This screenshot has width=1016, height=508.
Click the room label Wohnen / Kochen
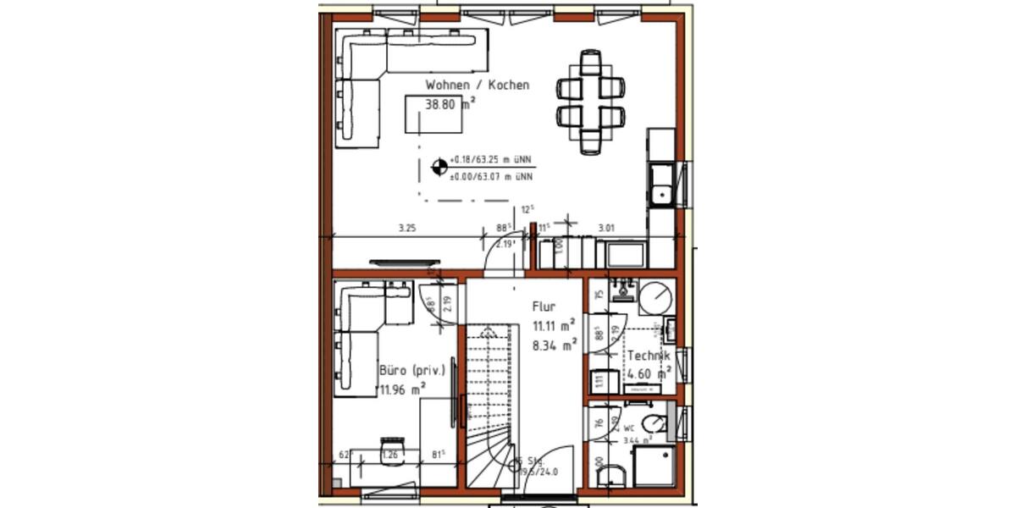tap(477, 85)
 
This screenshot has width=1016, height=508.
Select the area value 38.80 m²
tap(450, 105)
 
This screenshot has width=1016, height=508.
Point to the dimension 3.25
tap(406, 228)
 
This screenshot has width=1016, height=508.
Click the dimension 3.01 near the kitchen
tap(606, 228)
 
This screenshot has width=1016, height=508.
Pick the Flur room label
tap(544, 306)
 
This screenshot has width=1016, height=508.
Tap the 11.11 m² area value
tap(554, 326)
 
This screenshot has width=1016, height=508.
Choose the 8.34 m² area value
tap(554, 344)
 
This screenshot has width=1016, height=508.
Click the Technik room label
tap(649, 356)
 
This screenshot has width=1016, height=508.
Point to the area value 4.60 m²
tap(649, 373)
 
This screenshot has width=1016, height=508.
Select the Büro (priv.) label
tap(412, 372)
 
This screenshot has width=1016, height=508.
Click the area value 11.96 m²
tap(402, 390)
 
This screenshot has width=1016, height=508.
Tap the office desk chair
tap(391, 447)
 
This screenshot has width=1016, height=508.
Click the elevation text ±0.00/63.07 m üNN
tap(491, 177)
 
